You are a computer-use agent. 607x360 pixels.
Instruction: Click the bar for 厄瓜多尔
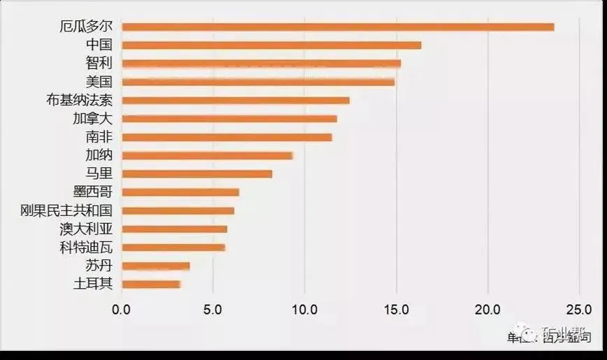click(x=338, y=27)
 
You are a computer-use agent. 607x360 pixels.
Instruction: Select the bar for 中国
click(x=271, y=45)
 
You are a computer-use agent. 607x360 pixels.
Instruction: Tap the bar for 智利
click(x=261, y=64)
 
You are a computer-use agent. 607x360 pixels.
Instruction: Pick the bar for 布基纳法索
click(x=236, y=101)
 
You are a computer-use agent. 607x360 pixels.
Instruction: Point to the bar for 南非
click(x=227, y=137)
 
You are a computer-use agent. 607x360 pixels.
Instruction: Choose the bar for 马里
click(x=197, y=174)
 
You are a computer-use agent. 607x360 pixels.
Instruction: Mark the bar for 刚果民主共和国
click(x=178, y=210)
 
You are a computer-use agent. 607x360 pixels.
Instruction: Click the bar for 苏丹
click(x=155, y=266)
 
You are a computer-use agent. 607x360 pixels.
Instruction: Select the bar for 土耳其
click(x=151, y=284)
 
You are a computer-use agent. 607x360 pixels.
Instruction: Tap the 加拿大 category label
click(x=92, y=119)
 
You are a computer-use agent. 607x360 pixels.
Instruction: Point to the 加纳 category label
click(x=98, y=155)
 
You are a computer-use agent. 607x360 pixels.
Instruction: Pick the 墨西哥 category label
click(x=92, y=192)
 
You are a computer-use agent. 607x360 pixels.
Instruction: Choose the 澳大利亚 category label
click(x=87, y=229)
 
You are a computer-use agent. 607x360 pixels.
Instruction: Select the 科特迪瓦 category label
click(x=87, y=247)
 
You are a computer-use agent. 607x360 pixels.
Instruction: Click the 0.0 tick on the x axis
click(x=122, y=309)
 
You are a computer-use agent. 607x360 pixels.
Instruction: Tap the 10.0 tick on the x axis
click(x=304, y=309)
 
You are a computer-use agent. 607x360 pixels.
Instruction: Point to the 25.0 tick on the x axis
click(x=578, y=309)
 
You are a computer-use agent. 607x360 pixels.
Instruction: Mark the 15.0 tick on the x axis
click(x=396, y=309)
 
